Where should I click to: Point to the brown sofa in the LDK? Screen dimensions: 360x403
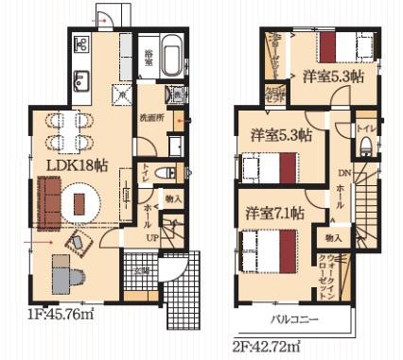coord(47,197)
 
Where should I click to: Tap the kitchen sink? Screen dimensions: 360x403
coord(79,79)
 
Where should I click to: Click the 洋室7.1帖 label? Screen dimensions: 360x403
coord(272,214)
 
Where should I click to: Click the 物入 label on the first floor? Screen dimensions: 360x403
coord(172,198)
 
